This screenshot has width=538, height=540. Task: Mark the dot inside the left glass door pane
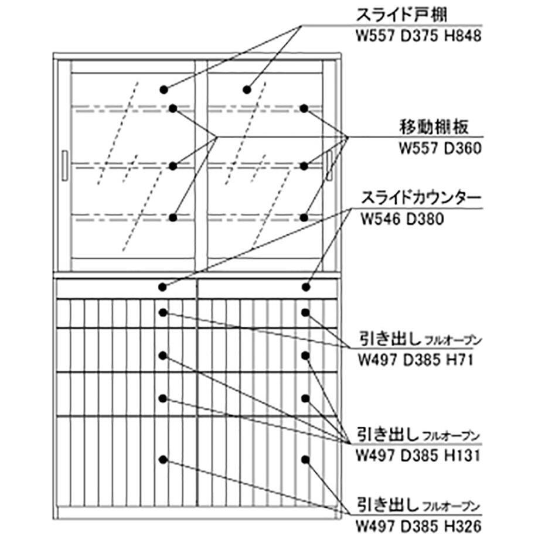(x=164, y=90)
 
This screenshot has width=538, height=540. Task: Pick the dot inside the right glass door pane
(x=247, y=90)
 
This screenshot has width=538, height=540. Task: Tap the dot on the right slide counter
(x=305, y=287)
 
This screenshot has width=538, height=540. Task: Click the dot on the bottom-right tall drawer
(x=305, y=459)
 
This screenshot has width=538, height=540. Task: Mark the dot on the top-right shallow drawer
(x=305, y=312)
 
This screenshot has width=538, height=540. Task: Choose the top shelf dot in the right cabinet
(x=304, y=108)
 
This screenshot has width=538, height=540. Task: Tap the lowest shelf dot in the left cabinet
(x=173, y=217)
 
